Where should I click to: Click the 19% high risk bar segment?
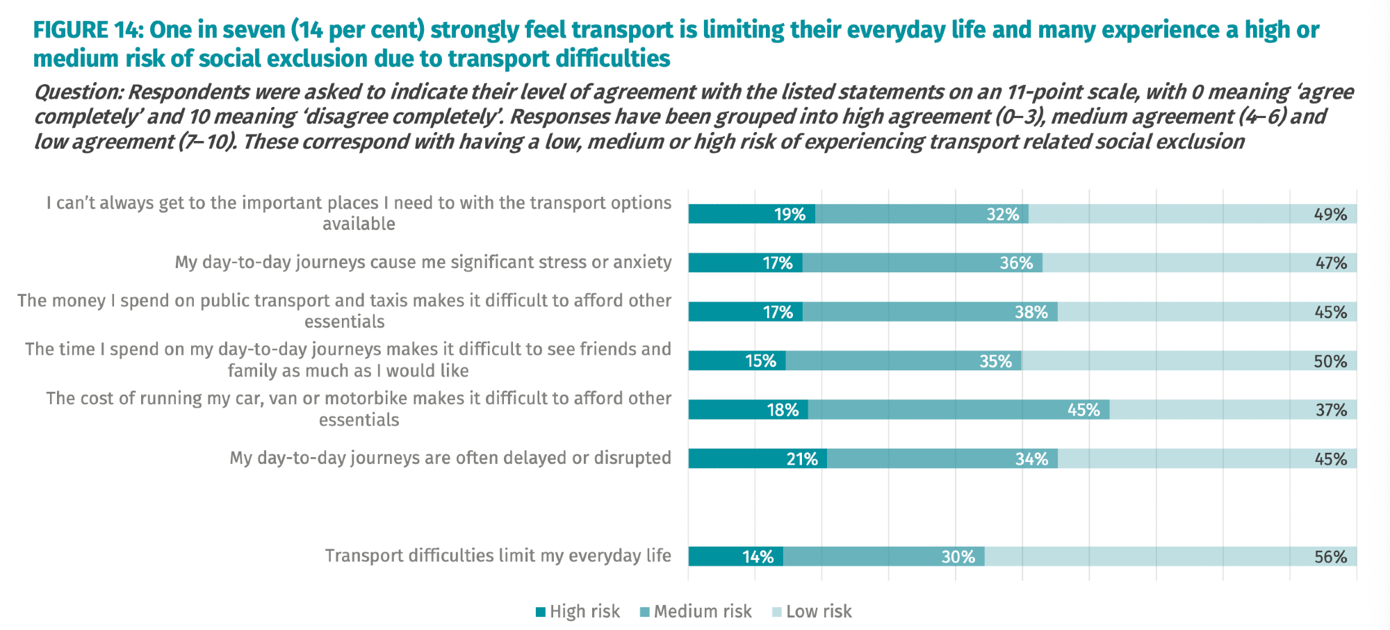pyautogui.click(x=751, y=214)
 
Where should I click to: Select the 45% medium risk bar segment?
pyautogui.click(x=958, y=410)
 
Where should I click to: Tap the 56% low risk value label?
pyautogui.click(x=1330, y=557)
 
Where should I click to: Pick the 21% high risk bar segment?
pyautogui.click(x=758, y=459)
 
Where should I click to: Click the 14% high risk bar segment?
pyautogui.click(x=735, y=557)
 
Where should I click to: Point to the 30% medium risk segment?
pyautogui.click(x=883, y=557)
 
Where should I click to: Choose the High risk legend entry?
pyautogui.click(x=578, y=611)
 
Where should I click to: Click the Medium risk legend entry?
pyautogui.click(x=696, y=611)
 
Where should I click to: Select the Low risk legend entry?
pyautogui.click(x=812, y=611)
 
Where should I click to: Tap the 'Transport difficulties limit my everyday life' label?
pyautogui.click(x=498, y=556)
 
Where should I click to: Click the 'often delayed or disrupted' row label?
pyautogui.click(x=450, y=458)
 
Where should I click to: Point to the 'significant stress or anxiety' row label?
pyautogui.click(x=423, y=262)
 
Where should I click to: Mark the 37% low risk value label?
pyautogui.click(x=1330, y=410)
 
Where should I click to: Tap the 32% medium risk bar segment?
pyautogui.click(x=922, y=214)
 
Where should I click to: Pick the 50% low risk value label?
pyautogui.click(x=1330, y=361)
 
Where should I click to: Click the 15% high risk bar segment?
pyautogui.click(x=737, y=361)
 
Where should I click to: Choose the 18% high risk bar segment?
pyautogui.click(x=748, y=410)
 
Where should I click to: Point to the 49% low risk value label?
pyautogui.click(x=1330, y=214)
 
